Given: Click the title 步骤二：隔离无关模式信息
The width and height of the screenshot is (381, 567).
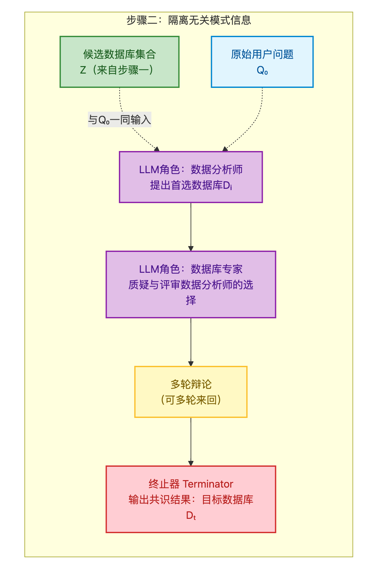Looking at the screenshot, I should coord(189,21).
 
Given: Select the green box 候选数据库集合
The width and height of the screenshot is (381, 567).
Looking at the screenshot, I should coord(120,62).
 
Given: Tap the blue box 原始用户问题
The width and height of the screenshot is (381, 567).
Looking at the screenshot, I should coord(262,62).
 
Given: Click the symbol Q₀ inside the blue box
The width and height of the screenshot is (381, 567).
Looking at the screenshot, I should coord(262,70).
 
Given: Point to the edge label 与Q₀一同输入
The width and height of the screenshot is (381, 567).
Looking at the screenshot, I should coord(120,120).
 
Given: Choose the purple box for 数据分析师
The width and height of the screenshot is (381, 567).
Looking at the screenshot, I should coord(191,177).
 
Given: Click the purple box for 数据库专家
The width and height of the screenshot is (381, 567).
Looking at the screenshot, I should coord(191,284).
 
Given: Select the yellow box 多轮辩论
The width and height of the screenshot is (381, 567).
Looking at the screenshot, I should coord(191,392).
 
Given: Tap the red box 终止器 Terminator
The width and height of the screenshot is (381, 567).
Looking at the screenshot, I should coord(191,499).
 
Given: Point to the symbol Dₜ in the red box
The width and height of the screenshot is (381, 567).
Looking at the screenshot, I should coord(191,516).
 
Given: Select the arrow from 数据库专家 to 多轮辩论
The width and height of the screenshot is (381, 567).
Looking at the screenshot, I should coord(191,342).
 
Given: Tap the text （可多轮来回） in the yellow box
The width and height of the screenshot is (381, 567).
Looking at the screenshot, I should coord(191,400).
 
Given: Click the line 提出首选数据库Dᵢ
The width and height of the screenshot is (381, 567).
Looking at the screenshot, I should coord(191,185).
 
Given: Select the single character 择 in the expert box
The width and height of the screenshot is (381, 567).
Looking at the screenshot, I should coord(191,300).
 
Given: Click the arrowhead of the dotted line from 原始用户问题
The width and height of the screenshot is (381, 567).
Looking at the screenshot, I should coord(225,149).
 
